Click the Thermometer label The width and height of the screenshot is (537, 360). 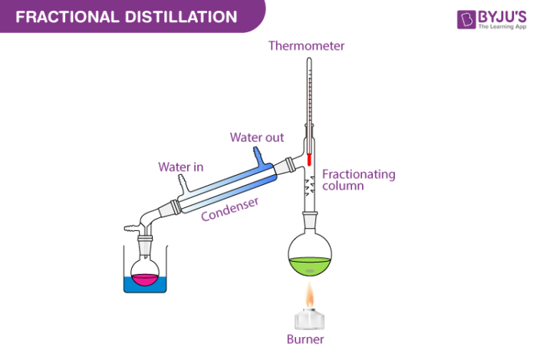(306, 46)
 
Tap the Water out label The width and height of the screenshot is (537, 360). (257, 138)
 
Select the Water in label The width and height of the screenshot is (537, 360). (180, 166)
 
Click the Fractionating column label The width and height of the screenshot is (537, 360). (358, 180)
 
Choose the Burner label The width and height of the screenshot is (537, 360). (305, 339)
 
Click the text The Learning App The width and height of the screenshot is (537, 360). (502, 26)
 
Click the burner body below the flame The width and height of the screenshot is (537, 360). (307, 318)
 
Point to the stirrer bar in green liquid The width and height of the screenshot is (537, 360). (309, 271)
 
